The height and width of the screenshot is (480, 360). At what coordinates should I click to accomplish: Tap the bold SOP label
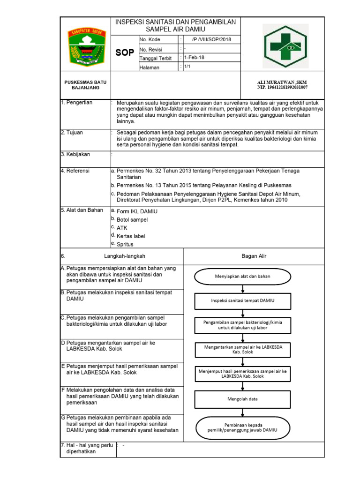click(125, 52)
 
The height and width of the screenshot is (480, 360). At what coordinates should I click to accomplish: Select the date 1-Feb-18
click(195, 58)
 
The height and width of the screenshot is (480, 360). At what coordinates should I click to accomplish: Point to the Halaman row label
click(150, 67)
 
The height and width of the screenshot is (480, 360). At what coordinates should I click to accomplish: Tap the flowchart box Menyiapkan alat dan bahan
click(242, 276)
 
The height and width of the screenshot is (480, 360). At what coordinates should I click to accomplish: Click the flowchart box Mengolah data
click(242, 399)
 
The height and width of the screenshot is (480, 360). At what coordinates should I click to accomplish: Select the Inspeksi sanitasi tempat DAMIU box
click(242, 300)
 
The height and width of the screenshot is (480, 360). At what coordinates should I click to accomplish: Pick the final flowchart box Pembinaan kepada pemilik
click(242, 427)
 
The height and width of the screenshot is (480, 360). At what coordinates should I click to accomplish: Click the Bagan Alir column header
click(254, 256)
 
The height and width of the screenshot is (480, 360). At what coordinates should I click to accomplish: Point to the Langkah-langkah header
click(125, 256)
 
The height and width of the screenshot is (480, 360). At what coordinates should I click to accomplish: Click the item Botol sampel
click(132, 219)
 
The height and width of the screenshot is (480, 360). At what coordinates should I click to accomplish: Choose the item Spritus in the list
click(125, 244)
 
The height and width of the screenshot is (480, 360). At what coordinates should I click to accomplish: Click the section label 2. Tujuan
click(72, 133)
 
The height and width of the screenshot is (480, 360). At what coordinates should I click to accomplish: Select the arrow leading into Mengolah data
click(242, 386)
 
